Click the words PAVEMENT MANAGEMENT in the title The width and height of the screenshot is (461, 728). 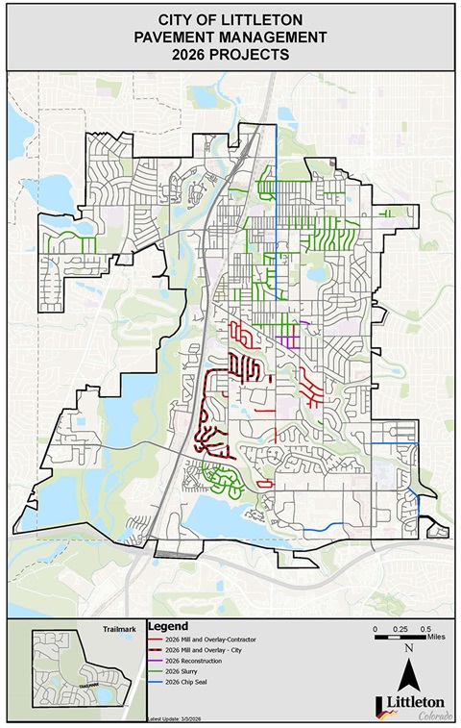[x=230, y=38]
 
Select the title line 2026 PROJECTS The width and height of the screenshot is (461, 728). [x=230, y=55]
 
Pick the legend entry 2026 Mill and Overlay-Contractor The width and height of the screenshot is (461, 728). [x=212, y=639]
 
